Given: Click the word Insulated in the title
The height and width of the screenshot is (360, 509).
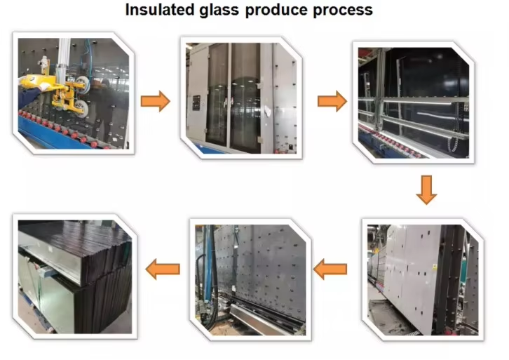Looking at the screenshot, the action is (159, 10).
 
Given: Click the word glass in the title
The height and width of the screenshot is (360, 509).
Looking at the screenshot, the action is (219, 11).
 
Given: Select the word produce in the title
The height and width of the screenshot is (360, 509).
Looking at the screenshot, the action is (276, 11).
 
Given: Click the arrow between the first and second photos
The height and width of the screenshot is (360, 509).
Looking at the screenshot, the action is (156, 101).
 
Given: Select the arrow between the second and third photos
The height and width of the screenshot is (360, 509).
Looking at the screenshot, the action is (332, 101).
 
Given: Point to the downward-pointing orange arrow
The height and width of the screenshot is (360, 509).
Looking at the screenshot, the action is (426, 190).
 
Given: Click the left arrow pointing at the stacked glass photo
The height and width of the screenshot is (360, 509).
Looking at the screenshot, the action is (163, 269).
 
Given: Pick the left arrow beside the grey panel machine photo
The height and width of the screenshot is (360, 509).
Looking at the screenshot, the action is (330, 269).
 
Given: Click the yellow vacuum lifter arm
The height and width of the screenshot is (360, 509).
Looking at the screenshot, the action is (52, 85).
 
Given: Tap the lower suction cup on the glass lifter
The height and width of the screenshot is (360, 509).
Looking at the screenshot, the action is (80, 107).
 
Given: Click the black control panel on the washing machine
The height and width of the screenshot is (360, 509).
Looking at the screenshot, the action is (196, 103).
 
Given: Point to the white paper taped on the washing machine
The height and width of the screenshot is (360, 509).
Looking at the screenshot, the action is (268, 111).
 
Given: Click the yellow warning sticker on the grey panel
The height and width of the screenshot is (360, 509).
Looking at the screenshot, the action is (435, 267).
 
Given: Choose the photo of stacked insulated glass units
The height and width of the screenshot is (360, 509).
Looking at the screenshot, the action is (75, 276).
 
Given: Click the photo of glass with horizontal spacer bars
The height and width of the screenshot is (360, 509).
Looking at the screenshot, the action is (414, 102).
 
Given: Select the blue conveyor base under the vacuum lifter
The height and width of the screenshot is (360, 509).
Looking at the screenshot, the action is (55, 134).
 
